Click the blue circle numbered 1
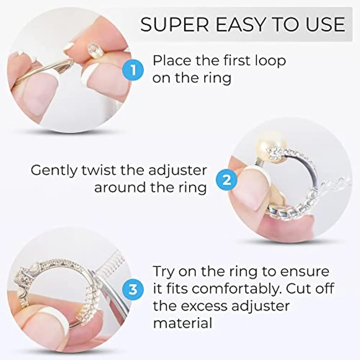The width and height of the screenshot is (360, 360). point(133,70)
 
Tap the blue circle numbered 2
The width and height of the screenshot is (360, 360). point(226,181)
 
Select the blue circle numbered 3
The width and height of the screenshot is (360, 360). point(133,290)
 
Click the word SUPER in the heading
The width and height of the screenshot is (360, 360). point(174,25)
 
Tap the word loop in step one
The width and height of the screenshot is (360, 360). point(271,61)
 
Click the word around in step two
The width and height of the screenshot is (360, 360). point(120,187)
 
